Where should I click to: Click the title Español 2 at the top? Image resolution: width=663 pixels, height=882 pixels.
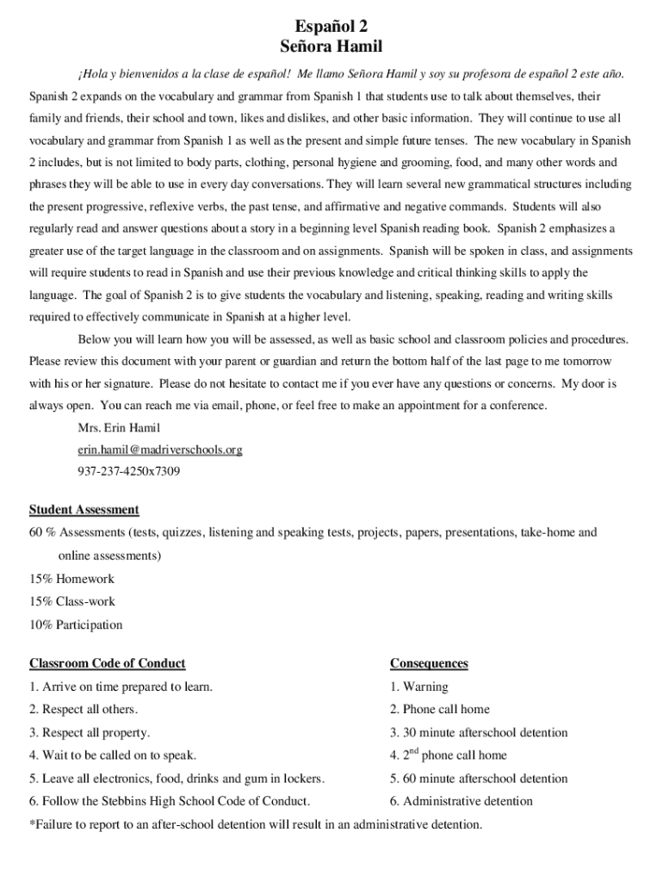331,27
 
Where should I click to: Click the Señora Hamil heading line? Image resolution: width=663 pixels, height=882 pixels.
331,47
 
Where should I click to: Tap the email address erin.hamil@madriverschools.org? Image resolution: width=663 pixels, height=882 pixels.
160,450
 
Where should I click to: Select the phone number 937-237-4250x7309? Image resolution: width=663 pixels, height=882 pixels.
129,472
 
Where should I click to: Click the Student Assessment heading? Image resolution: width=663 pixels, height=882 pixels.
84,510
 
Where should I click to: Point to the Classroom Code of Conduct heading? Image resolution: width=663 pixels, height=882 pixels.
108,663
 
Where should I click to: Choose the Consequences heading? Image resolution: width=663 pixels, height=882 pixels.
429,663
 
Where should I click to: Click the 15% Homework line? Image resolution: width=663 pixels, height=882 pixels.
71,579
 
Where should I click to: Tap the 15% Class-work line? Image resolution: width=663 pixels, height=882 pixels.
72,601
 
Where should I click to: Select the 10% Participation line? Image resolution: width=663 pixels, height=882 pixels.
76,624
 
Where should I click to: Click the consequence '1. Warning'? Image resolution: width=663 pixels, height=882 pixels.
418,686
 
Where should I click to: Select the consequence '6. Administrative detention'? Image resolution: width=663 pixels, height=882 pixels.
461,801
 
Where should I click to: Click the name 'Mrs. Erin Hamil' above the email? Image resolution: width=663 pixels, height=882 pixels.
119,427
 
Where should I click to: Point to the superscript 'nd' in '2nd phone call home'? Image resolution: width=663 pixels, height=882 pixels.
413,751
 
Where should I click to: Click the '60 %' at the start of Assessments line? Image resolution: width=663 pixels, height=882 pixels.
42,532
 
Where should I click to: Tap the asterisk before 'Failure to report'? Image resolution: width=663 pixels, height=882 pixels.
32,823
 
